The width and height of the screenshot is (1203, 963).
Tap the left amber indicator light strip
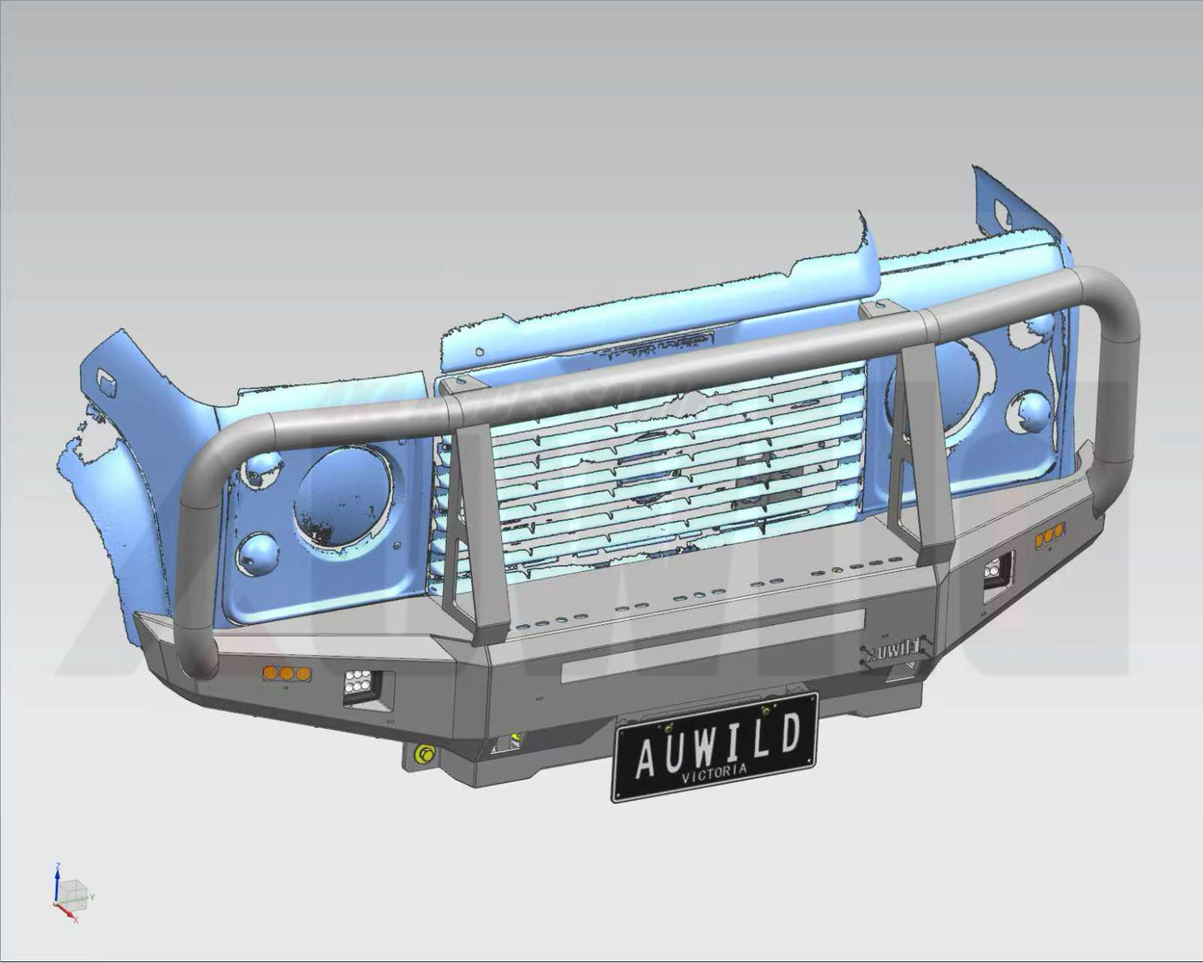tap(286, 673)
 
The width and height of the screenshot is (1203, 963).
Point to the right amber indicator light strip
tap(1050, 538)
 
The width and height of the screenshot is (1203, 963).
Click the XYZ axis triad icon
tap(68, 896)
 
